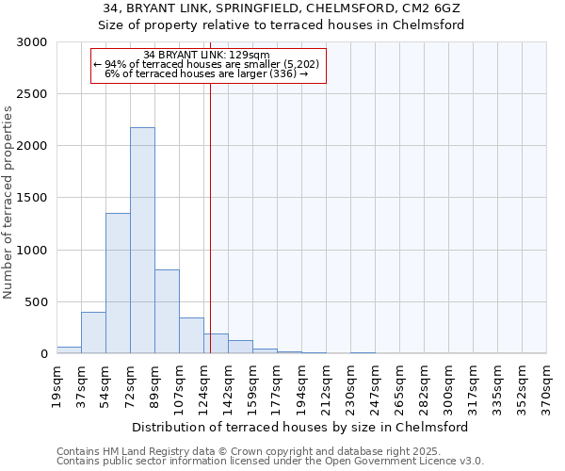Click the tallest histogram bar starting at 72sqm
pyautogui.click(x=142, y=240)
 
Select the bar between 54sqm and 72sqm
pyautogui.click(x=118, y=283)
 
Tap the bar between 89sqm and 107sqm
pyautogui.click(x=167, y=311)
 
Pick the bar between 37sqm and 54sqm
pyautogui.click(x=93, y=333)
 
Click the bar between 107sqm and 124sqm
pyautogui.click(x=191, y=335)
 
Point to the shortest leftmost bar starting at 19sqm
pyautogui.click(x=69, y=349)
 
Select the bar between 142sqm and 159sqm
pyautogui.click(x=240, y=347)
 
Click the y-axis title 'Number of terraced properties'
pyautogui.click(x=8, y=203)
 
